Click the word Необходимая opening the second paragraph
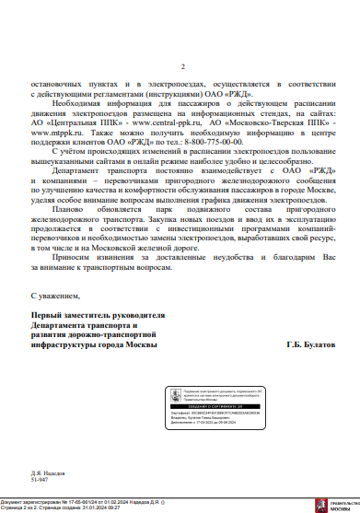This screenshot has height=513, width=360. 78,104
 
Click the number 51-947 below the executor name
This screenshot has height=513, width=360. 41,479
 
